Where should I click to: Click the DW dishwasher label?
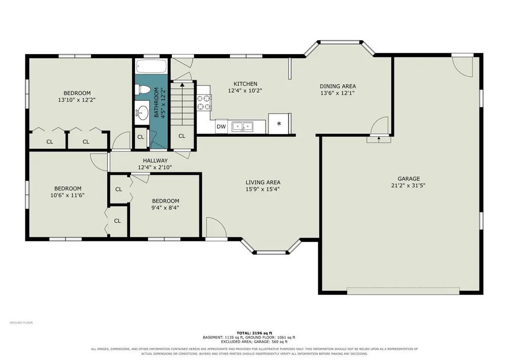(x=221, y=127)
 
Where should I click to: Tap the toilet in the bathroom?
(x=142, y=88)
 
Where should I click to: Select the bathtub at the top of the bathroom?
(x=151, y=67)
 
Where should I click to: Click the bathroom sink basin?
(x=142, y=113)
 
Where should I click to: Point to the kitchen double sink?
(x=242, y=126)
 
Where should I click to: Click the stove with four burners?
(x=204, y=102)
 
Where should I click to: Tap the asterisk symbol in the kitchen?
(x=279, y=124)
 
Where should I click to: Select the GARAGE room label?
(x=409, y=179)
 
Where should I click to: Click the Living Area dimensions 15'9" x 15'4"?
(x=263, y=189)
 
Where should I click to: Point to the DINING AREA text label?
(x=338, y=86)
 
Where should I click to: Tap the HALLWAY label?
(x=155, y=160)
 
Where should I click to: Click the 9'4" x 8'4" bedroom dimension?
(x=165, y=208)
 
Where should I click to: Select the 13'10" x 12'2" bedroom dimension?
(x=77, y=100)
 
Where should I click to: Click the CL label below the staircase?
(x=182, y=136)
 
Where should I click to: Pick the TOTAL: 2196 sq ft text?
(x=254, y=333)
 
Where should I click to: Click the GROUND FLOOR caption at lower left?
(x=21, y=323)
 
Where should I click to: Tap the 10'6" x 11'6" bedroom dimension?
(x=68, y=196)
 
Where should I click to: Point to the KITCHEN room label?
(x=245, y=84)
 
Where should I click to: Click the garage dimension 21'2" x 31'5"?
(x=409, y=186)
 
